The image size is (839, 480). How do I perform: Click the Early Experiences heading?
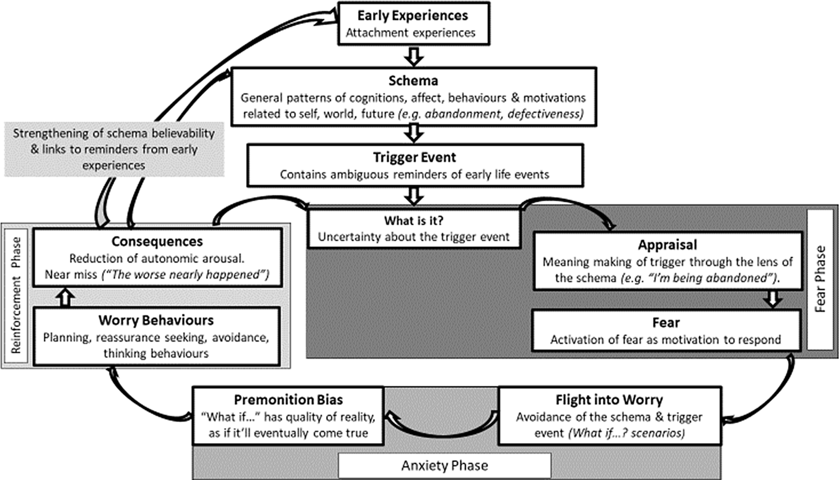coord(413,16)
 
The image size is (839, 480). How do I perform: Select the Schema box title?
coord(413,81)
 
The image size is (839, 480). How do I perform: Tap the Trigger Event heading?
coord(415,157)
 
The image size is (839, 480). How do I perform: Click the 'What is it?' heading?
coord(414,220)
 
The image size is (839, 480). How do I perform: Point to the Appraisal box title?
coord(667,245)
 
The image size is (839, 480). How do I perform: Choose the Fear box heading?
coord(666,322)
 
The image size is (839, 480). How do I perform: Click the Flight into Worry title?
coord(609,400)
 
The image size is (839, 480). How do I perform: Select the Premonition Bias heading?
coord(288,400)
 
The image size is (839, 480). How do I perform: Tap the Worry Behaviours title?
coord(156,320)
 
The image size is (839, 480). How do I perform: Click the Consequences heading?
coord(157,241)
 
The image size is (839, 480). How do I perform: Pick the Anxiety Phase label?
coord(444,466)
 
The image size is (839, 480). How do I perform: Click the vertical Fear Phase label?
coord(819,279)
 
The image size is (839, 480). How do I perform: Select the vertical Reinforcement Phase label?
coord(16,295)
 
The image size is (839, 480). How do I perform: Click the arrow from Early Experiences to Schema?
coord(414,56)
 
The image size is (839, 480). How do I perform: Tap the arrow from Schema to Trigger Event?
coord(414,133)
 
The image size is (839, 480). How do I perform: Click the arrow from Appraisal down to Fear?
coord(773,299)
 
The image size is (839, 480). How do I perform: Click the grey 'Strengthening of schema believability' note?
coord(114,149)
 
